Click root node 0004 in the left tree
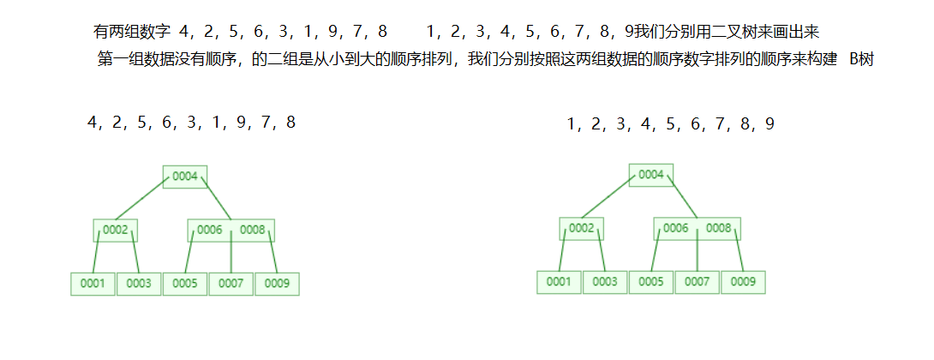coord(185,177)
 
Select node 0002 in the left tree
coord(116,230)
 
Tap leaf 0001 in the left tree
coord(92,283)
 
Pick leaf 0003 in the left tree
coord(139,283)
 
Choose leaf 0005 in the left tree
coord(185,283)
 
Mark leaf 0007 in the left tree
coord(231,283)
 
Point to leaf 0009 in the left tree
coord(277,283)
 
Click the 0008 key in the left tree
coord(252,230)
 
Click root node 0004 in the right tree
coord(651,175)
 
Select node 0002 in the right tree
coord(582,228)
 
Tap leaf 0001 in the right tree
coord(559,281)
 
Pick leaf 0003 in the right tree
coord(605,281)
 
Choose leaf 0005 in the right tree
coord(651,281)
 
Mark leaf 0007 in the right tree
coord(697,281)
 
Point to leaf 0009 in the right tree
coord(743,281)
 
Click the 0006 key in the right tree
coord(676,228)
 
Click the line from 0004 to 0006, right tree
coord(682,201)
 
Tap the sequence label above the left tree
coord(191,123)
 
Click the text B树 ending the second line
coord(860,61)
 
